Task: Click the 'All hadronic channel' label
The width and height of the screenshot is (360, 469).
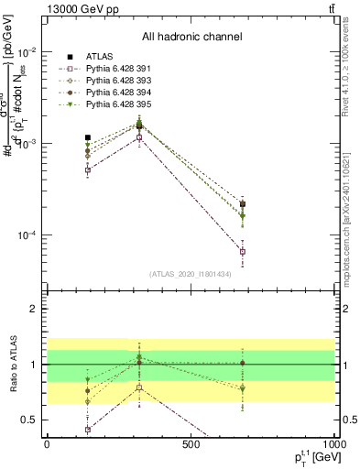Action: pyautogui.click(x=191, y=37)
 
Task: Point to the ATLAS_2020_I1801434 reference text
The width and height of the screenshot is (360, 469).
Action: pyautogui.click(x=191, y=274)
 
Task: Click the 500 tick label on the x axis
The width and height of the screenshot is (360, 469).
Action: pyautogui.click(x=191, y=445)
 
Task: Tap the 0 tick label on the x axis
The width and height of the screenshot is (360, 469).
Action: pyautogui.click(x=47, y=445)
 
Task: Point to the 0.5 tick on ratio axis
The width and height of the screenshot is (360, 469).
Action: pyautogui.click(x=29, y=420)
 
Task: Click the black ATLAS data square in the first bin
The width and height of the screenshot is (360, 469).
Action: pyautogui.click(x=88, y=137)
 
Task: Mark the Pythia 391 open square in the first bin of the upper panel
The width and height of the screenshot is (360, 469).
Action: pyautogui.click(x=88, y=169)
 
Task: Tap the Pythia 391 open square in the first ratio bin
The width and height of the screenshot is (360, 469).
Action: pyautogui.click(x=88, y=429)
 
